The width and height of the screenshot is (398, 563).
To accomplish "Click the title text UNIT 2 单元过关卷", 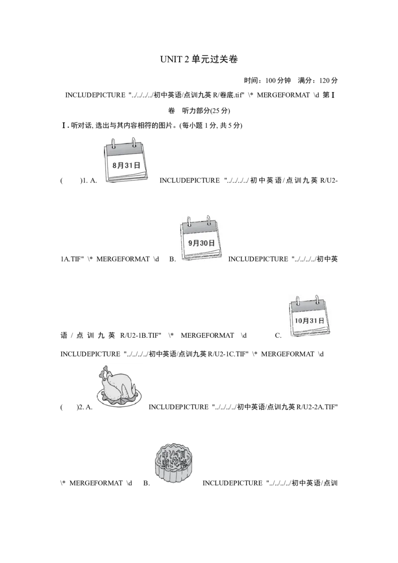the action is point(199,59).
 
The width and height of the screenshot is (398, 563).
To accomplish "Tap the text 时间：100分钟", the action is point(267,81).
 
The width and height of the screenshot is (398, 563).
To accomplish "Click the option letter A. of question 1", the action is point(93,181).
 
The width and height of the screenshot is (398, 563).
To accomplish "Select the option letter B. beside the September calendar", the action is point(173,259).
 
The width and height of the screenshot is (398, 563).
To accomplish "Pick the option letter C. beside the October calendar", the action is point(279,336).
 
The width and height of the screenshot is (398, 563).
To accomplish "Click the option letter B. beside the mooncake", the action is point(147,483).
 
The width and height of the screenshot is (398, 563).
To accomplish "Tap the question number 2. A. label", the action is point(85,407).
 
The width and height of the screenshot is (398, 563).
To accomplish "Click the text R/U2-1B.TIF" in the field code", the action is point(141,336).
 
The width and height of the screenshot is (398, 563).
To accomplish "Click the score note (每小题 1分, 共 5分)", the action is point(211,126).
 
